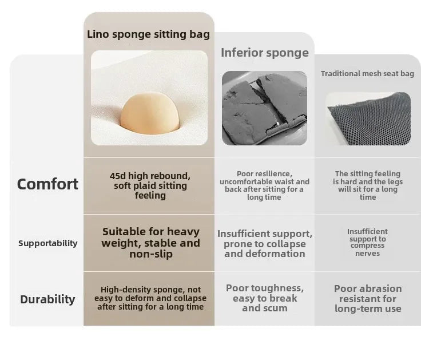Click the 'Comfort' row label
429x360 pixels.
[47, 184]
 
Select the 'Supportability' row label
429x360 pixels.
[48, 243]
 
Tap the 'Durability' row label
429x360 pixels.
[47, 299]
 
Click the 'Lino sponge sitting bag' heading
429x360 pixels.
[148, 34]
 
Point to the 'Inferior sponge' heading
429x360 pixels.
[265, 53]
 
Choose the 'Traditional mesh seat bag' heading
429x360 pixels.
[367, 74]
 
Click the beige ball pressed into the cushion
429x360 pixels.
[150, 113]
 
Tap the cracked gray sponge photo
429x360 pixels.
[264, 108]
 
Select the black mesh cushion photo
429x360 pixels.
[369, 118]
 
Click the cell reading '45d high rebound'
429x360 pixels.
[150, 185]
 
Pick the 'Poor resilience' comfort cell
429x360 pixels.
[264, 185]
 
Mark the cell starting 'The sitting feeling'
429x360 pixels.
[368, 185]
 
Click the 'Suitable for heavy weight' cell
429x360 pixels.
[151, 243]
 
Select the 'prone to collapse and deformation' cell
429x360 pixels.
[265, 244]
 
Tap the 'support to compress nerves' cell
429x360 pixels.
[367, 242]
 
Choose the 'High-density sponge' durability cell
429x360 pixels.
[150, 298]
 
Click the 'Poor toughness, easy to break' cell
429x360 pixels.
[265, 298]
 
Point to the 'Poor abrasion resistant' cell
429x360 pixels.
[368, 298]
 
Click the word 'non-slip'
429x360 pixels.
[151, 254]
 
